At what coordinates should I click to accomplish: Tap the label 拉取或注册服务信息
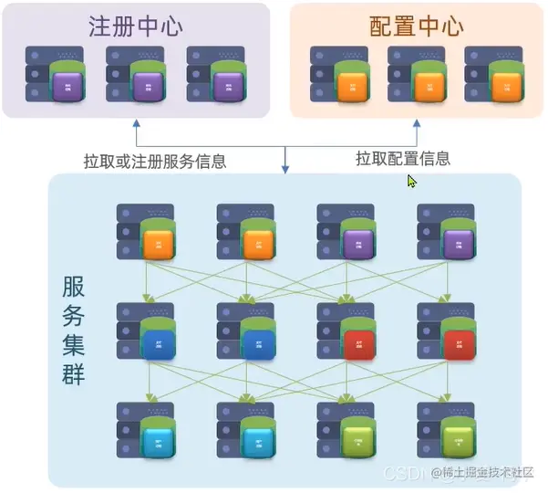pos(155,162)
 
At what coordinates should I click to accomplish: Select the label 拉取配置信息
pos(402,158)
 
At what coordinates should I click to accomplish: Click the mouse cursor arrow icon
pos(411,181)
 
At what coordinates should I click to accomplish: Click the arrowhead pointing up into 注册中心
pos(137,123)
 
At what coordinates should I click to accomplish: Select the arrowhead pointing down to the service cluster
pos(286,168)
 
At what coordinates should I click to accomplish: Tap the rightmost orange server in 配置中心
pos(497,76)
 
